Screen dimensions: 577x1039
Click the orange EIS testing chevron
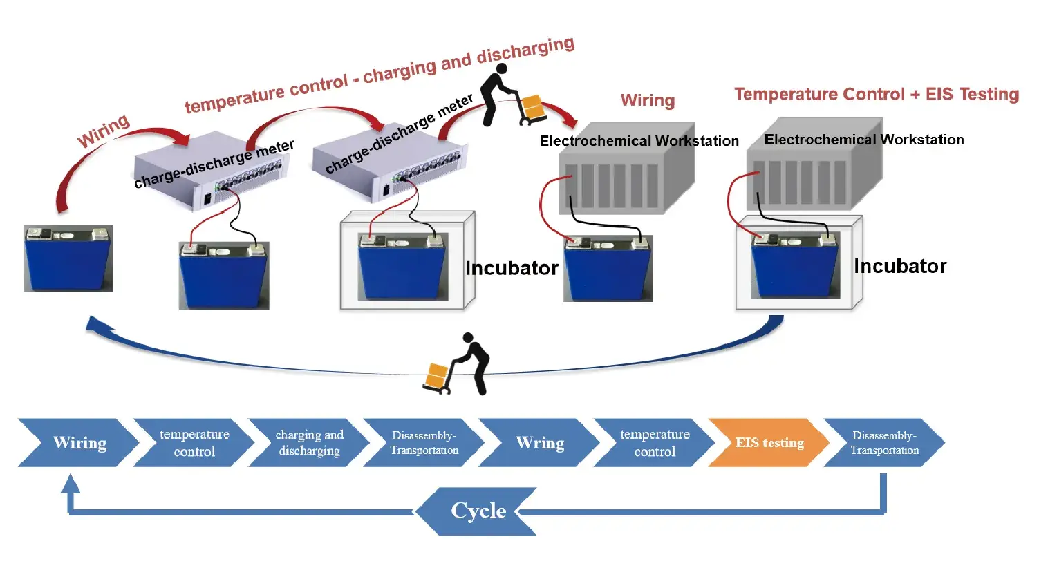click(x=768, y=443)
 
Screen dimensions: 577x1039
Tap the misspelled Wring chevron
click(x=539, y=443)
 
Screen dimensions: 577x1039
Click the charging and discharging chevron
click(x=308, y=443)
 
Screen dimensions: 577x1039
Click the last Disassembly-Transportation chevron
click(x=883, y=443)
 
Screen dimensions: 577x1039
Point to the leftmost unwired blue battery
click(x=68, y=258)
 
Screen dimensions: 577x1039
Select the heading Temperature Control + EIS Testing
click(x=876, y=94)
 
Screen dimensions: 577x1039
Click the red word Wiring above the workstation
click(x=647, y=100)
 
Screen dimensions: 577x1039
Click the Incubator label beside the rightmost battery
click(x=899, y=267)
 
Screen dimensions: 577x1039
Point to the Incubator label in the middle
click(x=512, y=268)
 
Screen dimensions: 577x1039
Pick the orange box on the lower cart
click(x=437, y=375)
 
